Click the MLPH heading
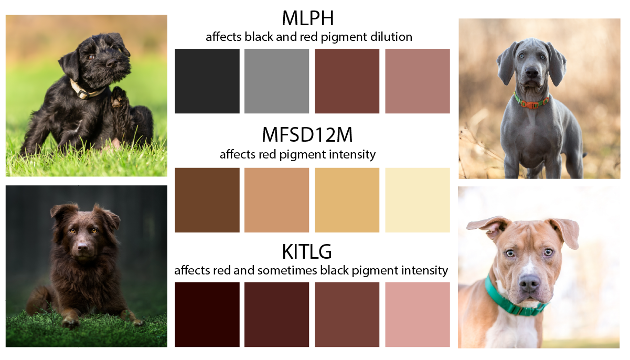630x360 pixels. point(308,18)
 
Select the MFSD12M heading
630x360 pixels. point(307,134)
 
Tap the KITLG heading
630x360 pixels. point(307,251)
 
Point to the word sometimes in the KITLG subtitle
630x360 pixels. point(287,270)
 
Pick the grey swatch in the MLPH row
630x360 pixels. point(277,81)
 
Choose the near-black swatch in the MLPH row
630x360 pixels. point(207,81)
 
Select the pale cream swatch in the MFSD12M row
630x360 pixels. point(418,200)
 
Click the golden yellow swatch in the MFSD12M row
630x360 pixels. point(347,200)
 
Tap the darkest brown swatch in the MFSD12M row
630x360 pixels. point(207,200)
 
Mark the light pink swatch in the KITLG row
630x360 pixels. point(418,315)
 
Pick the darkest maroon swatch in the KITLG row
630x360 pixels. point(207,315)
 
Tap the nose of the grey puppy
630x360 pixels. point(531,73)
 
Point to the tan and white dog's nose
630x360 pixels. point(529,283)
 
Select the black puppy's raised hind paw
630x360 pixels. point(118,97)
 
